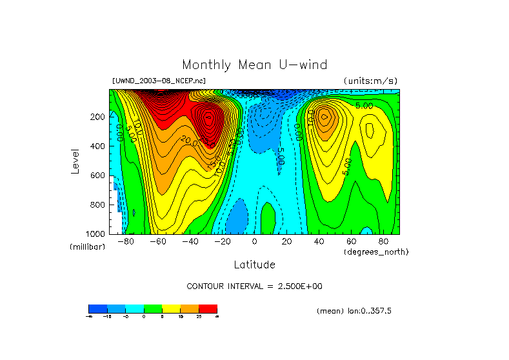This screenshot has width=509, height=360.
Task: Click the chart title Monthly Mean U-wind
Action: tap(254, 65)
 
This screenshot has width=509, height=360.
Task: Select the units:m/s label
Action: tap(370, 81)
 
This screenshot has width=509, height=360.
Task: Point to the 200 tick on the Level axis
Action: tap(97, 117)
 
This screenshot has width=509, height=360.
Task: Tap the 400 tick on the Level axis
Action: tap(97, 146)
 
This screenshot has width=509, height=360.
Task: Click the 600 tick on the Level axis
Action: tap(97, 175)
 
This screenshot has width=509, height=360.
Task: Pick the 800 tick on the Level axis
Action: tap(97, 205)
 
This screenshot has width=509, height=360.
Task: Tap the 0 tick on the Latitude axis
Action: tap(254, 241)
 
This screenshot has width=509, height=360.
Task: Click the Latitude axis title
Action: tap(254, 265)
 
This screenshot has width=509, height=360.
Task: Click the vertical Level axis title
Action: tap(76, 161)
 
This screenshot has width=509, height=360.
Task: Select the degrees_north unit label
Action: tap(376, 252)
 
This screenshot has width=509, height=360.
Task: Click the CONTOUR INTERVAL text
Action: tap(254, 286)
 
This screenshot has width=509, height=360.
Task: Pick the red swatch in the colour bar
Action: tap(208, 308)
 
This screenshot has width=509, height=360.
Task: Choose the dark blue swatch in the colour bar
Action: tap(97, 308)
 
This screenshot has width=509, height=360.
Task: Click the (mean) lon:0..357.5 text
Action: tap(354, 310)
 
